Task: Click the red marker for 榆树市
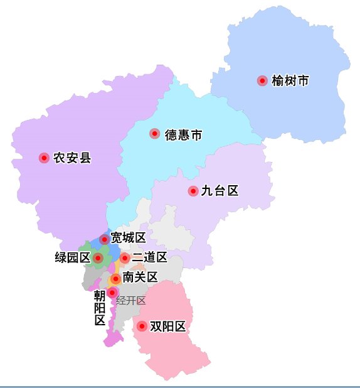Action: click(262, 80)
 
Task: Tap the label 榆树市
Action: click(290, 81)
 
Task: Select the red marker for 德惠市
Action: click(154, 133)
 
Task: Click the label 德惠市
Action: click(183, 134)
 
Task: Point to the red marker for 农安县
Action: click(44, 158)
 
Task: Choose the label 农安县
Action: click(72, 158)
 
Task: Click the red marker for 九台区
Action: click(193, 190)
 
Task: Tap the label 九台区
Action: click(220, 191)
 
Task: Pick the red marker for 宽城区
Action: click(104, 239)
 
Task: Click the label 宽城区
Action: click(128, 237)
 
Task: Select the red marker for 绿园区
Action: click(98, 257)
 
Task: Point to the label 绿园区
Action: click(73, 257)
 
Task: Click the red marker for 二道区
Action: click(125, 257)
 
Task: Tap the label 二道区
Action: click(149, 257)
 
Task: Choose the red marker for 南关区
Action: click(115, 278)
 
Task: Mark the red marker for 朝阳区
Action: click(112, 293)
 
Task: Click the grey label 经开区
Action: click(131, 300)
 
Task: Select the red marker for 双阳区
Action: click(142, 326)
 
